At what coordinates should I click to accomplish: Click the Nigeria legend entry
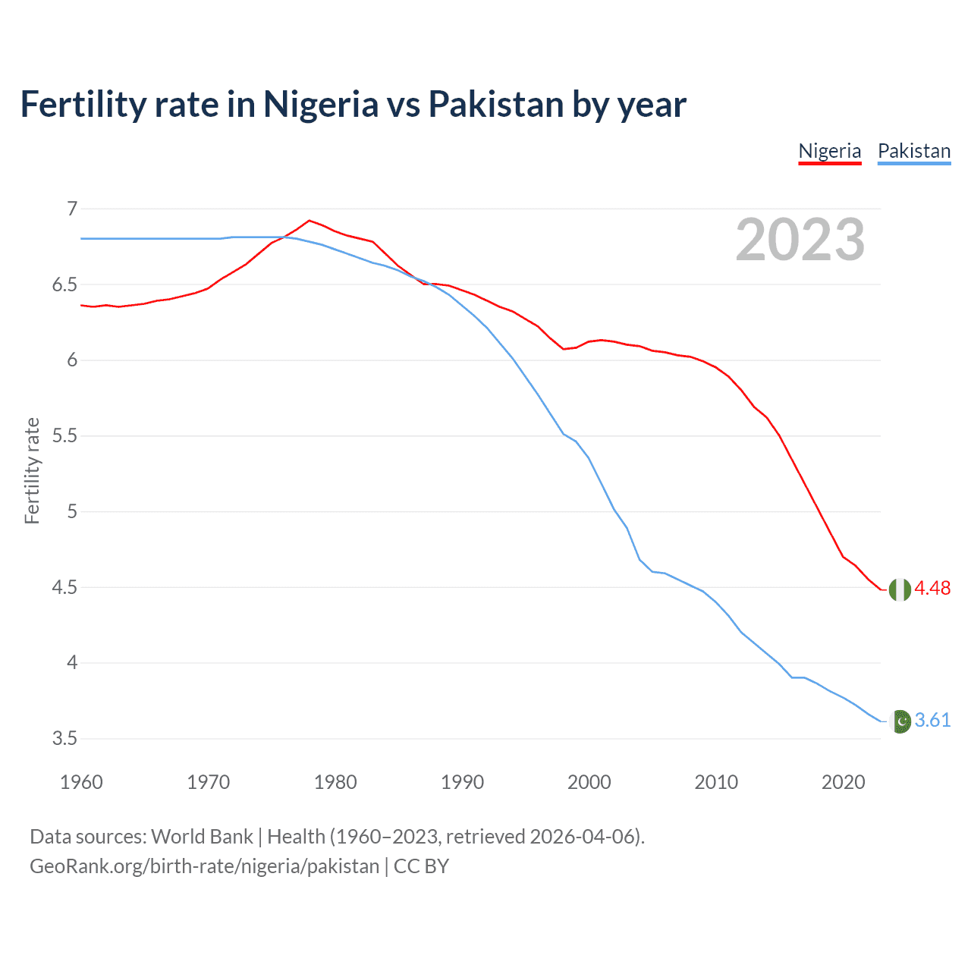point(830,151)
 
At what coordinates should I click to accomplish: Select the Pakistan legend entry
point(914,151)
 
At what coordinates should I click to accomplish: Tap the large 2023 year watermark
point(800,240)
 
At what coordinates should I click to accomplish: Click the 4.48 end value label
point(932,589)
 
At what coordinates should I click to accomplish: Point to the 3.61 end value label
point(932,721)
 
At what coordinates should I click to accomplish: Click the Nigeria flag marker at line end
point(900,589)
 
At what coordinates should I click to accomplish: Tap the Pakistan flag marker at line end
point(900,721)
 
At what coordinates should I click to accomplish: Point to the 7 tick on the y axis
point(72,209)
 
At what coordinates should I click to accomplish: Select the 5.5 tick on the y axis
point(65,436)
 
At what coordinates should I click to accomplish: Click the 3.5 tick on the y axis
point(65,739)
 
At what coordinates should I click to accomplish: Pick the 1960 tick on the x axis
point(81,782)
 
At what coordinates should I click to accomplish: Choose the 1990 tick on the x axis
point(462,782)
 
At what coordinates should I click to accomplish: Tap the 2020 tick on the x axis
point(843,782)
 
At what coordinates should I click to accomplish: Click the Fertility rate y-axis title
point(32,470)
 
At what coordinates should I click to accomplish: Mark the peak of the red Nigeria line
point(309,221)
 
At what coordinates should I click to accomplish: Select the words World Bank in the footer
point(202,837)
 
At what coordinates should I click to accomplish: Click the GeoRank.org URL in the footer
point(204,866)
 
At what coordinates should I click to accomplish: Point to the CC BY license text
point(421,866)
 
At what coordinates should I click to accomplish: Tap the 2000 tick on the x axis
point(589,782)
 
